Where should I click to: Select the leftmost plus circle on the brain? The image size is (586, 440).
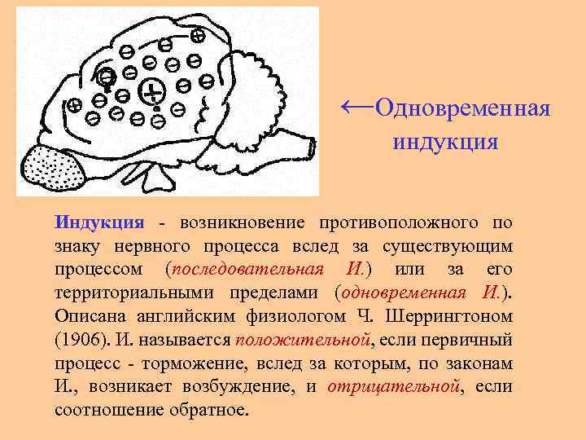(74, 104)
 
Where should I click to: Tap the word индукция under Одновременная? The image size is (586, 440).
(444, 143)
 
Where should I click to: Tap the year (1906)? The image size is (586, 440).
(79, 339)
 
